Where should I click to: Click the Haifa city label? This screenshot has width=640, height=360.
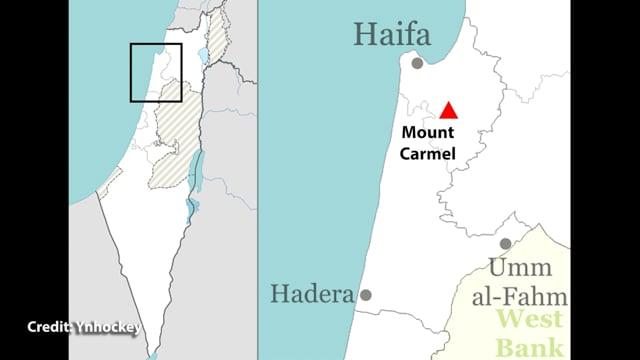[x=391, y=37]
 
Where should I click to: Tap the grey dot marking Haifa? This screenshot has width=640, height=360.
[x=417, y=63]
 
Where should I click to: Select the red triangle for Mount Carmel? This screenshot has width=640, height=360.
[x=449, y=111]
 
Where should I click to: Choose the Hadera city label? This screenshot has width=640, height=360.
[x=312, y=295]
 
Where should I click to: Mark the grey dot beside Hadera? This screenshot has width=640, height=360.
[x=367, y=295]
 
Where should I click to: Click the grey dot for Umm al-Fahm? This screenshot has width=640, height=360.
[x=506, y=243]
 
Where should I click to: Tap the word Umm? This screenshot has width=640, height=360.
[x=516, y=269]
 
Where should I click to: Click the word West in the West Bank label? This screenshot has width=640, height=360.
[x=529, y=321]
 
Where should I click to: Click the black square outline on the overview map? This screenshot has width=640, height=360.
[x=156, y=72]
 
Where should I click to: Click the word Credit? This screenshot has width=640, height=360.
[x=48, y=327]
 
